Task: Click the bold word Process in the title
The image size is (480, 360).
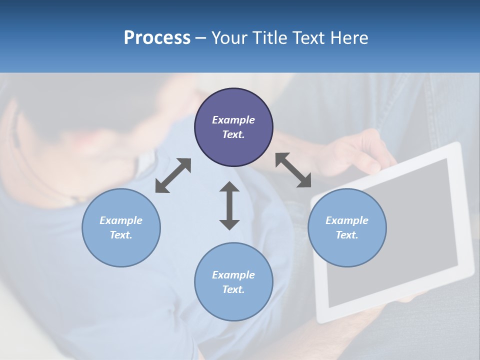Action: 157,38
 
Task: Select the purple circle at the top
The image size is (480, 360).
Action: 233,127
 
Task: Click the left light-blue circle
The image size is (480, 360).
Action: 121,228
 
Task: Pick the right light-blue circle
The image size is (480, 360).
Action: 347,228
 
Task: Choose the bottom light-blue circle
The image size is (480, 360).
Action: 233,282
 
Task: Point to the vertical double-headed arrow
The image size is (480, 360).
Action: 229,205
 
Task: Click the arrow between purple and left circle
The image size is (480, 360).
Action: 173,175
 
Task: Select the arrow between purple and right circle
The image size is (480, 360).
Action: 293,170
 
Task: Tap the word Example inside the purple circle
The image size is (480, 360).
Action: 233,120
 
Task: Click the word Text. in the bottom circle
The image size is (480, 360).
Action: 233,289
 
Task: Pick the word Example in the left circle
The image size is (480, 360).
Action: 121,220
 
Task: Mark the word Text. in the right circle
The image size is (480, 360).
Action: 347,235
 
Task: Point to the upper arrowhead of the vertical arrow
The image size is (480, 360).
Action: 229,187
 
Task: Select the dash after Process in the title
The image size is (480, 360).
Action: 200,38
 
